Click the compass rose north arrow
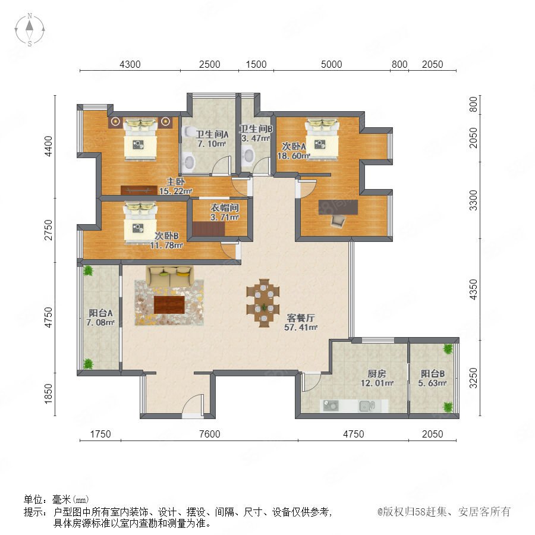[x=30, y=25]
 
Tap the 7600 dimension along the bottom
[x=209, y=434]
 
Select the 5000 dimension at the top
[x=331, y=64]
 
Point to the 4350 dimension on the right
[x=473, y=289]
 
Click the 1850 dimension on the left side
[x=49, y=394]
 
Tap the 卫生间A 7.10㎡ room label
[x=212, y=139]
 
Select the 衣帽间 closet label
[x=224, y=207]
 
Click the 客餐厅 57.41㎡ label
[x=301, y=322]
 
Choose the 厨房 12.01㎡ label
[x=377, y=379]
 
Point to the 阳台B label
[x=433, y=374]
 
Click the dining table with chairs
[x=263, y=303]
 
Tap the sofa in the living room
[x=169, y=276]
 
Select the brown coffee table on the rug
[x=169, y=305]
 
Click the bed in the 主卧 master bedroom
[x=140, y=139]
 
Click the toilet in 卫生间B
[x=248, y=155]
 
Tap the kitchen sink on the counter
[x=367, y=406]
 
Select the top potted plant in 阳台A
[x=88, y=270]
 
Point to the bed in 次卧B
[x=140, y=223]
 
